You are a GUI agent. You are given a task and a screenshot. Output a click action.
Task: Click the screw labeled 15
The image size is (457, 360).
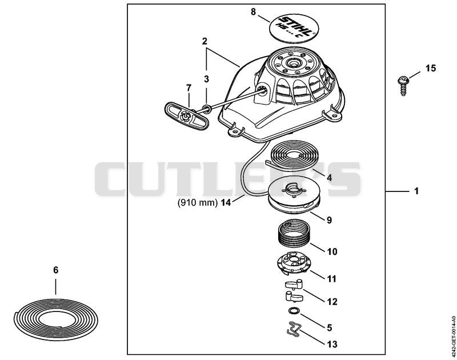pyautogui.click(x=402, y=85)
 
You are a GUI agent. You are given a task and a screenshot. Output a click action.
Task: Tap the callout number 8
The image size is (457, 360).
pyautogui.click(x=253, y=12)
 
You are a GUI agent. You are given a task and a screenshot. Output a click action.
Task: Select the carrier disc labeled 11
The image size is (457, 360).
pyautogui.click(x=294, y=263)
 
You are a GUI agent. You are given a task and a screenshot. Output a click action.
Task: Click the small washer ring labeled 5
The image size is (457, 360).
pyautogui.click(x=293, y=311)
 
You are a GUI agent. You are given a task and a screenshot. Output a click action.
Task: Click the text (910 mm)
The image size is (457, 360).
pyautogui.click(x=198, y=202)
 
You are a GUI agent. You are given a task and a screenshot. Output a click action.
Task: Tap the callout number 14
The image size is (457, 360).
pyautogui.click(x=226, y=202)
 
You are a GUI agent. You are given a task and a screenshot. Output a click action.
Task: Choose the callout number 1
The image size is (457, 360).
pyautogui.click(x=416, y=191)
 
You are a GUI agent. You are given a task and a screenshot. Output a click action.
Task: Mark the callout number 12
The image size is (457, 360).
pyautogui.click(x=332, y=301)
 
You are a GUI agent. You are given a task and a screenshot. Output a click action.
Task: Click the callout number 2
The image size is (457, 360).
pyautogui.click(x=205, y=41)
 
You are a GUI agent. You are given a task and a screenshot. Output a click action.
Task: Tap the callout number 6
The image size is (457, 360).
pyautogui.click(x=55, y=270)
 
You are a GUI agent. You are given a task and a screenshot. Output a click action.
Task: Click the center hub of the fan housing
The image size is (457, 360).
pyautogui.click(x=291, y=63)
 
